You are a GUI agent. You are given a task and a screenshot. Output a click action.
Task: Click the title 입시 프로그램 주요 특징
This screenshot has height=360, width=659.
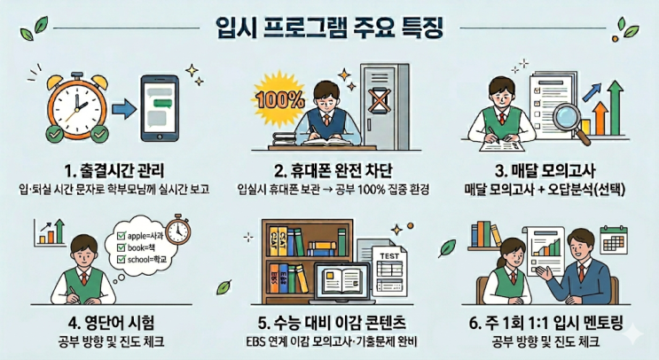(329, 28)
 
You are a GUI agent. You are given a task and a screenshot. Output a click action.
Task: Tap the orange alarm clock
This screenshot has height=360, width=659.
(77, 106)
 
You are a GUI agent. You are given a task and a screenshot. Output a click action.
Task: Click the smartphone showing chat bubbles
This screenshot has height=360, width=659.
(160, 108)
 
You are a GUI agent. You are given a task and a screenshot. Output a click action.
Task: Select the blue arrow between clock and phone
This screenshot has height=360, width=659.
(124, 110)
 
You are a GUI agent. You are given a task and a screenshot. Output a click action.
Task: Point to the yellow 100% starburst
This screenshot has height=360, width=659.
(279, 100)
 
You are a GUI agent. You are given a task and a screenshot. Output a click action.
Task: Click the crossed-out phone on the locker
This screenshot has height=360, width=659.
(379, 100)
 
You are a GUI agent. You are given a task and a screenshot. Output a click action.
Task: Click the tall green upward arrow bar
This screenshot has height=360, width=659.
(616, 108)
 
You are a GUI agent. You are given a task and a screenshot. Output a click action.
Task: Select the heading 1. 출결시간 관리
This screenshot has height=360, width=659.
(114, 171)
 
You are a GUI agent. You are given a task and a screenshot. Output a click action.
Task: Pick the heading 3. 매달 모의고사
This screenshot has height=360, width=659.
(545, 171)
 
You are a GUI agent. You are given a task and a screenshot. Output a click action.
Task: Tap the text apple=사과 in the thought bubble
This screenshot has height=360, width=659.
(145, 236)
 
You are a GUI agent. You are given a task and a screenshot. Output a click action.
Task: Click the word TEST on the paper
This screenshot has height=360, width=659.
(389, 256)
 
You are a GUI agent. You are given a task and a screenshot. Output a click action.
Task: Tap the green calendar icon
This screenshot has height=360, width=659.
(614, 240)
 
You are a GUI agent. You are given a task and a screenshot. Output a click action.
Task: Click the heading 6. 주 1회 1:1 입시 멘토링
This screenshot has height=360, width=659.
(546, 323)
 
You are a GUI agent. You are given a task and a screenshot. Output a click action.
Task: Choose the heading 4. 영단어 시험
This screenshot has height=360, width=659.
(112, 323)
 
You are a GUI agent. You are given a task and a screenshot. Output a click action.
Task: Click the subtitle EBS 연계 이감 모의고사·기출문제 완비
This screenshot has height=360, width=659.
(332, 342)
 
